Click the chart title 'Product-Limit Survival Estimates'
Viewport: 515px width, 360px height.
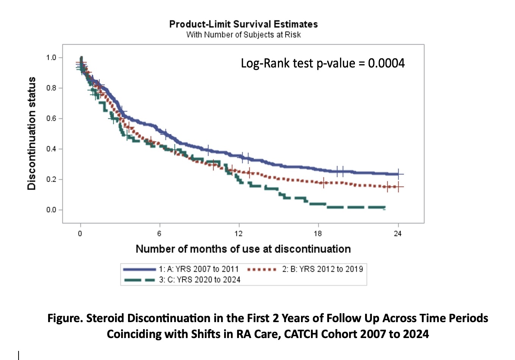[x=243, y=24]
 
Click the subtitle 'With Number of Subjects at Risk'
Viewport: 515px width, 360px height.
[x=243, y=35]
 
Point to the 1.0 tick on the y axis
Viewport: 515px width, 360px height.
[x=51, y=58]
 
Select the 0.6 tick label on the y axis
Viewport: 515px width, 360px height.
[x=51, y=119]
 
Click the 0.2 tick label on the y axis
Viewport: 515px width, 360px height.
[x=51, y=179]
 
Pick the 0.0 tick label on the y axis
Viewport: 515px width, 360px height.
[x=51, y=210]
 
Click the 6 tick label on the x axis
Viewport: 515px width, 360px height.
[x=159, y=233]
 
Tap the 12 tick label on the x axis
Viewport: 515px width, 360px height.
[x=239, y=233]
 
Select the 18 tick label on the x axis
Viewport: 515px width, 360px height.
[x=318, y=233]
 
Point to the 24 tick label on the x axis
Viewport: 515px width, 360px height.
[x=398, y=233]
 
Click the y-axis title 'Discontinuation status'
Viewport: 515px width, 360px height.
[x=31, y=133]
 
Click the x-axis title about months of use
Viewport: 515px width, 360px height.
[x=243, y=249]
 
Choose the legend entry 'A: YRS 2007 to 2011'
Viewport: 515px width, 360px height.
[x=198, y=269]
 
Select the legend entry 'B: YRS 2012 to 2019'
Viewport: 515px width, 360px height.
[x=322, y=269]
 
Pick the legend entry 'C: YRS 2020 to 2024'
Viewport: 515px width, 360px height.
[x=199, y=280]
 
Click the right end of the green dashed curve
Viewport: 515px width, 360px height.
[x=384, y=208]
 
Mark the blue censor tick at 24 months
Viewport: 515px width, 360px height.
[x=398, y=174]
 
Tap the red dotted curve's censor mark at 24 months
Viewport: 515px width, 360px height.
[x=398, y=187]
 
